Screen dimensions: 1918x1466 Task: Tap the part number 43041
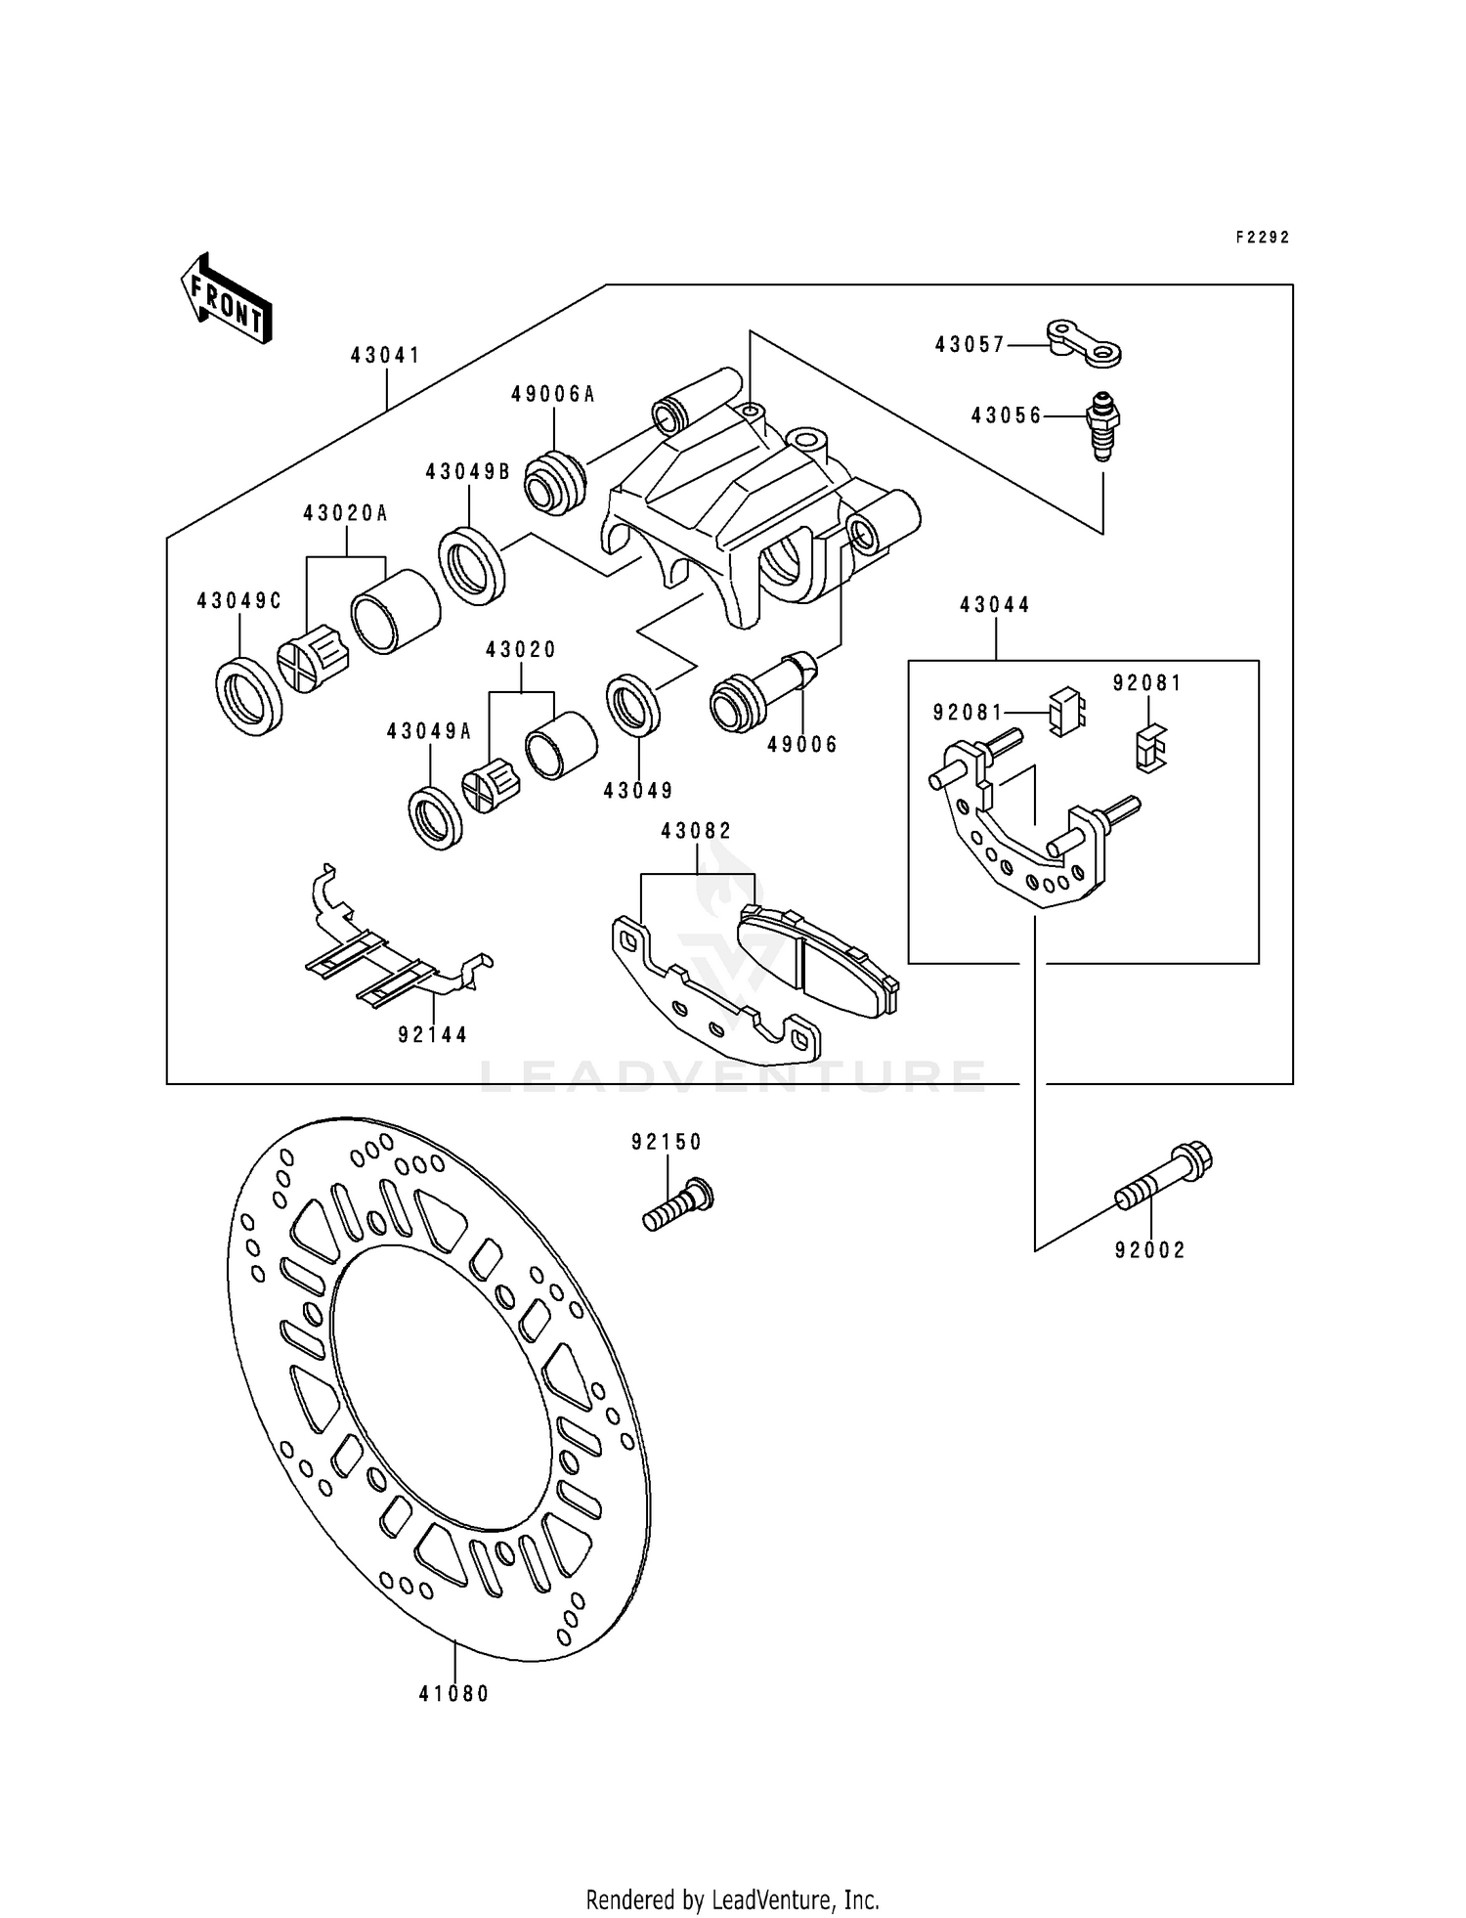(386, 355)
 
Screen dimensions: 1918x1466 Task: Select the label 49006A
(553, 395)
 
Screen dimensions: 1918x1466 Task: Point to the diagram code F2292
(1263, 238)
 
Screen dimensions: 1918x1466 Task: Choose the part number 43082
(696, 831)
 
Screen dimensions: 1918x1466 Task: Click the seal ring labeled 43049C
(248, 695)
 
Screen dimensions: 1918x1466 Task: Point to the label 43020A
(345, 513)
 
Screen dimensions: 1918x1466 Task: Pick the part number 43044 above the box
(995, 605)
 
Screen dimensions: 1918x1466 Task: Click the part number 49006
(802, 745)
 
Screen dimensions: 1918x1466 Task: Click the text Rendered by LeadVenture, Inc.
(732, 1899)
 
